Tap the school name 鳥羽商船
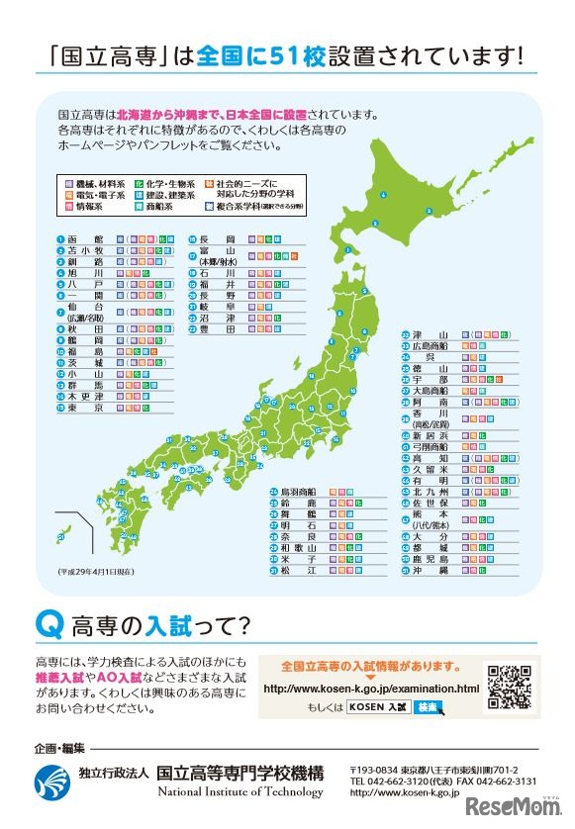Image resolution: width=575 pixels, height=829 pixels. pos(298,491)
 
